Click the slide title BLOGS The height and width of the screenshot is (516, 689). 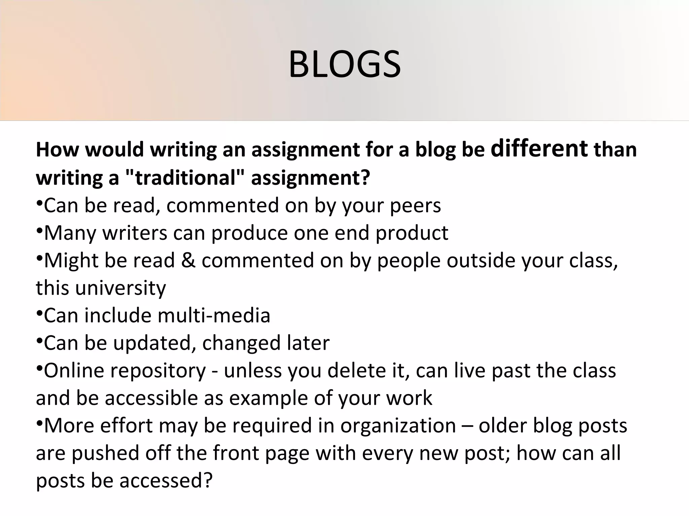[344, 64]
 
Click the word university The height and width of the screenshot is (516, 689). [120, 288]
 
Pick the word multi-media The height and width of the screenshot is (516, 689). [214, 316]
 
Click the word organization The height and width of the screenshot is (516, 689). [398, 426]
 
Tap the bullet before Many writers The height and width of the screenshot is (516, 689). [39, 231]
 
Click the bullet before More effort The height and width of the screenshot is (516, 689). [39, 423]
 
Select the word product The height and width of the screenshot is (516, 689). [412, 233]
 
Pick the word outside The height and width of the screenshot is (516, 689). [481, 260]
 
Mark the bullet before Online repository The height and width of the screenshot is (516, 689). [39, 368]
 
